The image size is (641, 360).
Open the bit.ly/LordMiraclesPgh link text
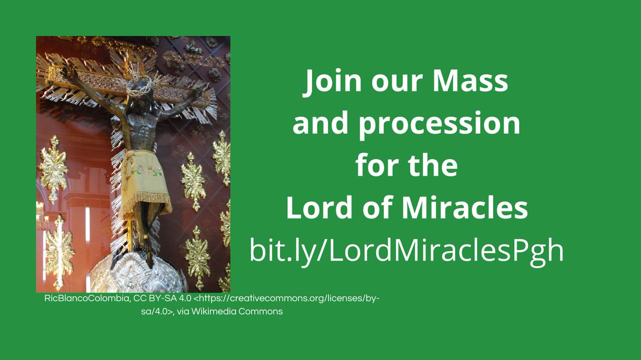pos(407,249)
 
